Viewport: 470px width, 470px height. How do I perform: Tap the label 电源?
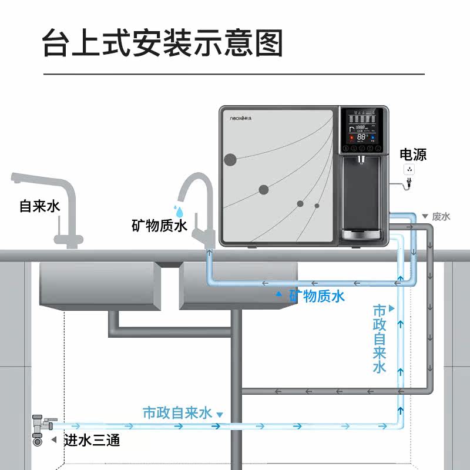[413, 155]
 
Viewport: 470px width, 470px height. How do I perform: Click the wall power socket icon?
[409, 170]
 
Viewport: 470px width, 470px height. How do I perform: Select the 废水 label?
[441, 216]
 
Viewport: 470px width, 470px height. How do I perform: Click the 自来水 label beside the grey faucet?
[39, 207]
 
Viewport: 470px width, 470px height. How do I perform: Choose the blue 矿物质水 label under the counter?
[316, 296]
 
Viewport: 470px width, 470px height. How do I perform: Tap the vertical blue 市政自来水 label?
[380, 339]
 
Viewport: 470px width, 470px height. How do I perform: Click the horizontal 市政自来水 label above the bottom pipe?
[177, 412]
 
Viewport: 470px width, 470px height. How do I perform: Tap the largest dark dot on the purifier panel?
[230, 159]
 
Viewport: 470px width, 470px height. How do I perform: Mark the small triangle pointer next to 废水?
[425, 217]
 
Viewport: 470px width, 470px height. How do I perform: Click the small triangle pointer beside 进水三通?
[53, 440]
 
